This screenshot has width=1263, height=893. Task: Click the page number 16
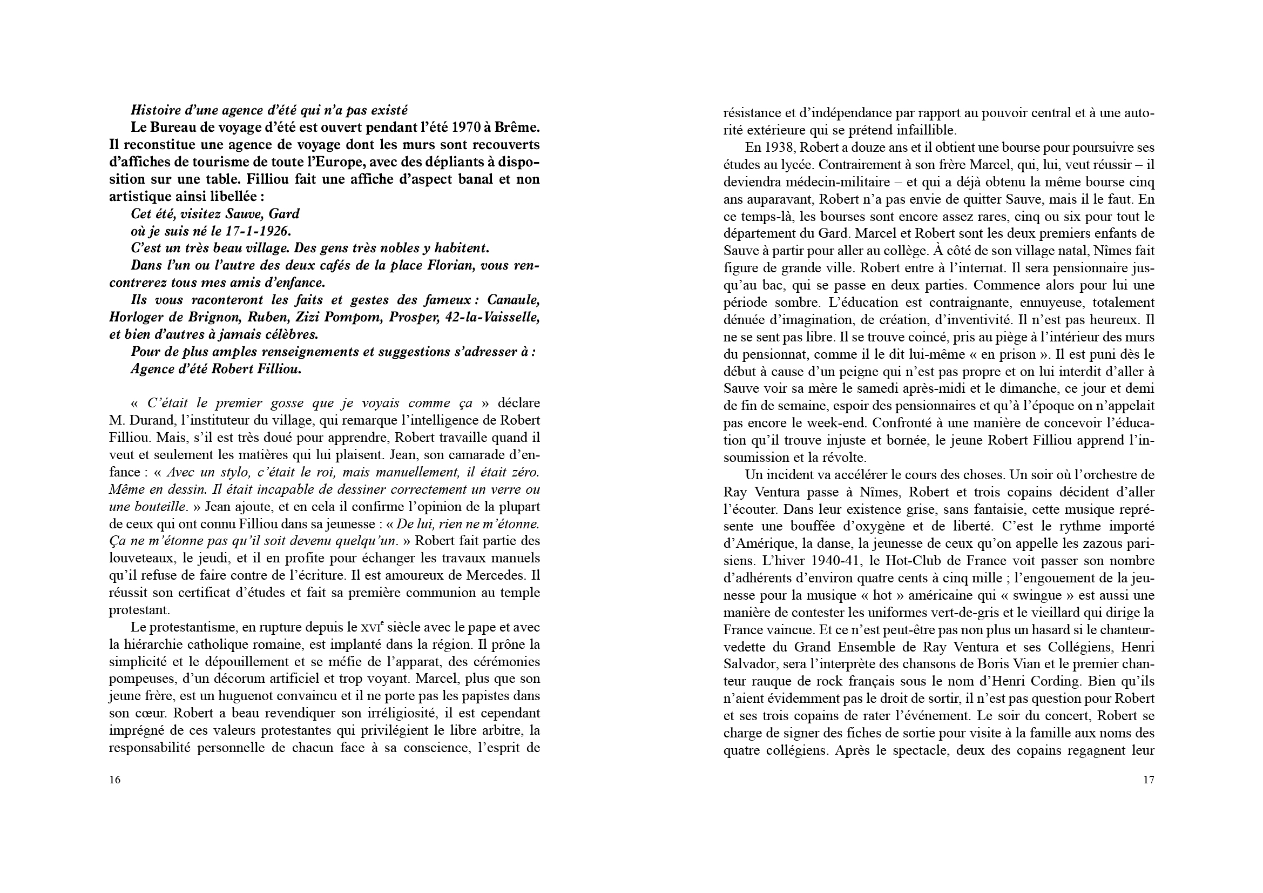click(115, 780)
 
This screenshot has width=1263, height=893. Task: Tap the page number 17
click(1149, 780)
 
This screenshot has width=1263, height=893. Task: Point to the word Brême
click(517, 127)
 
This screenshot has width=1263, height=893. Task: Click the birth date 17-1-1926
click(258, 231)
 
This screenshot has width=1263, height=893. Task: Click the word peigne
click(936, 371)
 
